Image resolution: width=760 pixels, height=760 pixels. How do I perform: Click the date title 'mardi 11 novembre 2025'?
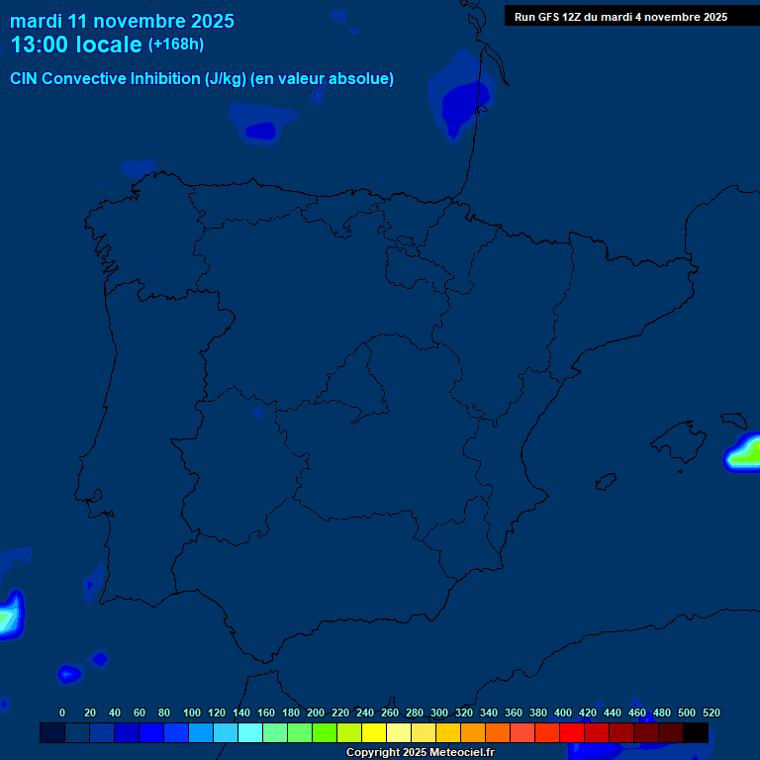click(122, 21)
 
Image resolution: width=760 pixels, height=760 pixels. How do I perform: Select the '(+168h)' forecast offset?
click(176, 45)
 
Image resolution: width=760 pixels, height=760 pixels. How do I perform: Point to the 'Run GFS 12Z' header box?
click(620, 17)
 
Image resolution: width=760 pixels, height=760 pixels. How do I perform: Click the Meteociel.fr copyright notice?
click(420, 753)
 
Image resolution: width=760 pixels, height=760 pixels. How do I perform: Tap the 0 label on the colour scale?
click(62, 712)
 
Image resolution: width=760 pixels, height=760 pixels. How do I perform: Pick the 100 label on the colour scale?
click(192, 712)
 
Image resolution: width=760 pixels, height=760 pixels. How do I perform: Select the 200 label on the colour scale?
click(316, 712)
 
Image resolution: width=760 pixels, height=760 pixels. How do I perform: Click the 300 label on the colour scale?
click(439, 712)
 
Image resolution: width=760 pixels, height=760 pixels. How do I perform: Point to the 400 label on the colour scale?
click(563, 712)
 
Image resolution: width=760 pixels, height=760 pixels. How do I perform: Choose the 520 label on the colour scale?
click(711, 712)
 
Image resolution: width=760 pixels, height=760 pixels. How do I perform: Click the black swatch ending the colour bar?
click(696, 733)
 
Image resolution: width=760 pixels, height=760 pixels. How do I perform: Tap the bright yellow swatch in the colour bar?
click(374, 733)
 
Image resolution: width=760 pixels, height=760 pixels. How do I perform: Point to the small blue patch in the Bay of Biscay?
click(261, 130)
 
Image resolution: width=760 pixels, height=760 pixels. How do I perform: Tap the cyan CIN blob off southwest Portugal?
click(8, 616)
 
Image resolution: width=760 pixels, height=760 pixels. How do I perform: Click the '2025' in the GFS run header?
click(712, 17)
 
